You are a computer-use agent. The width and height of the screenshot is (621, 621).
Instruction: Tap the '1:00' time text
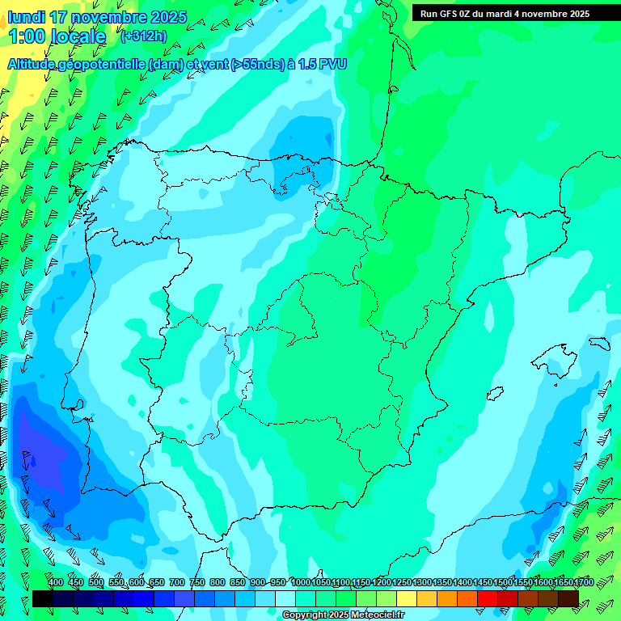[x=29, y=36]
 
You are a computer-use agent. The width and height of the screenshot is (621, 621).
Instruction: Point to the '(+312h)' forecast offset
[x=143, y=36]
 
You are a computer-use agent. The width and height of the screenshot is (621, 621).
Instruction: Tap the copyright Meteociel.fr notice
[x=344, y=615]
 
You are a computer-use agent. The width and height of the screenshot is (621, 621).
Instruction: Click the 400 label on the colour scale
[x=55, y=582]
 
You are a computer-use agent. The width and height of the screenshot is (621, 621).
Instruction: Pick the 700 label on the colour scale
[x=176, y=582]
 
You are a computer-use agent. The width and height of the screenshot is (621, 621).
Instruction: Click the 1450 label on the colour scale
[x=483, y=582]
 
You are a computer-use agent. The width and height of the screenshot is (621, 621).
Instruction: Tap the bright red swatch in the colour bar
[x=488, y=598]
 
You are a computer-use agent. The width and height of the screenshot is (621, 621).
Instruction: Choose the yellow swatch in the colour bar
[x=407, y=598]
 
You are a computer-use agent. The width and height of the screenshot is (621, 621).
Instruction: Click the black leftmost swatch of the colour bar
[x=43, y=598]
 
